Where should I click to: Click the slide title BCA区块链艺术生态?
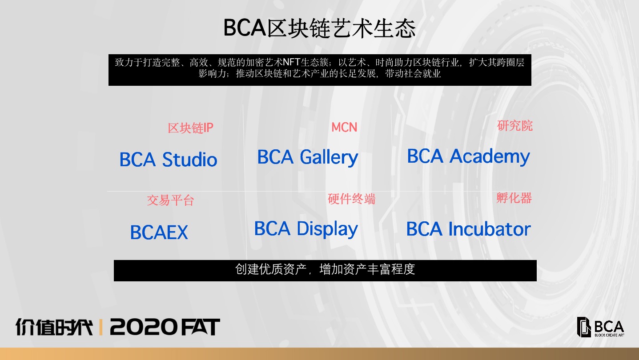[x=319, y=28]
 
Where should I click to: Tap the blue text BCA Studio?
[x=168, y=159]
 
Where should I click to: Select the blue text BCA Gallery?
[x=308, y=157]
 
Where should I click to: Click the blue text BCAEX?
[x=159, y=232]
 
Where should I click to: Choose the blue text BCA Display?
[x=306, y=229]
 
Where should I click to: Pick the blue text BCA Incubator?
[x=468, y=229]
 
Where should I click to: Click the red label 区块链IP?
[x=190, y=128]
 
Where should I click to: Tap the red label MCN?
[x=344, y=127]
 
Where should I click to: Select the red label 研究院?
[x=514, y=126]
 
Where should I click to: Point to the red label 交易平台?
[x=170, y=200]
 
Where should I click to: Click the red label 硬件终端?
[x=351, y=199]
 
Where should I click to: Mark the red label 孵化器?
[x=514, y=198]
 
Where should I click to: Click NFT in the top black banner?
[x=291, y=62]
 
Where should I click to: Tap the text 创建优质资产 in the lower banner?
[x=271, y=269]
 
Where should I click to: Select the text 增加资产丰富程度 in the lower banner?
[x=367, y=269]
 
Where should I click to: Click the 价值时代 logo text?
[x=54, y=327]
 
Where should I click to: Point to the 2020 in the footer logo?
[x=144, y=327]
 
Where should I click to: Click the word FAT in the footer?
[x=201, y=327]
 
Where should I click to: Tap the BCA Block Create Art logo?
[x=600, y=327]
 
